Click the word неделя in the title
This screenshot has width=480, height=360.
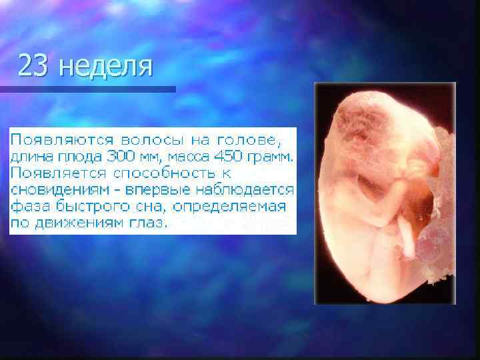105,67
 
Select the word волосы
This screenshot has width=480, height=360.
141,141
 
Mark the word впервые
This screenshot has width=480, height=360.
162,189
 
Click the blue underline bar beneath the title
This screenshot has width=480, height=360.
87,89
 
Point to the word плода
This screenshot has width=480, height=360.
77,157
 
